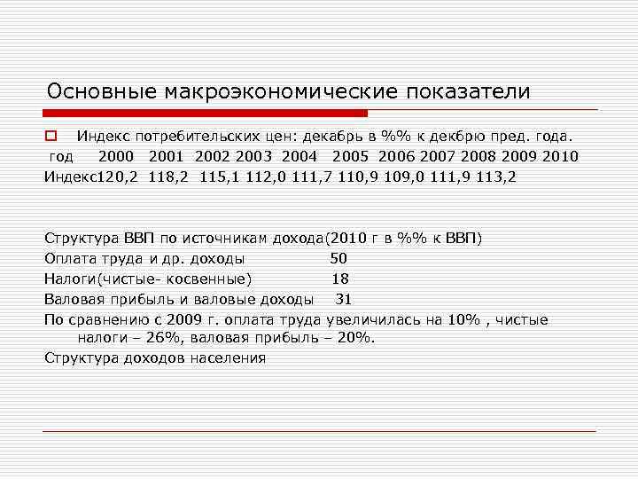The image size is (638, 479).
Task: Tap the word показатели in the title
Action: pyautogui.click(x=469, y=91)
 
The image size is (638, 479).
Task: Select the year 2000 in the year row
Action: pyautogui.click(x=116, y=157)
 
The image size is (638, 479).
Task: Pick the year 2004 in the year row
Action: pyautogui.click(x=300, y=157)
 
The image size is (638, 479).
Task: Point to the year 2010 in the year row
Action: pyautogui.click(x=560, y=157)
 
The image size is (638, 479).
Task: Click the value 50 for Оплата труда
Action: pyautogui.click(x=338, y=259)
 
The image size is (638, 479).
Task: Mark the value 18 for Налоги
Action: pyautogui.click(x=339, y=279)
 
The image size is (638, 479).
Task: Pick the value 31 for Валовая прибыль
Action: pyautogui.click(x=344, y=300)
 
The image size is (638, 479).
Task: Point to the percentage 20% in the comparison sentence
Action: pyautogui.click(x=357, y=339)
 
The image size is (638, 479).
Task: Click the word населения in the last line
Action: pyautogui.click(x=227, y=358)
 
